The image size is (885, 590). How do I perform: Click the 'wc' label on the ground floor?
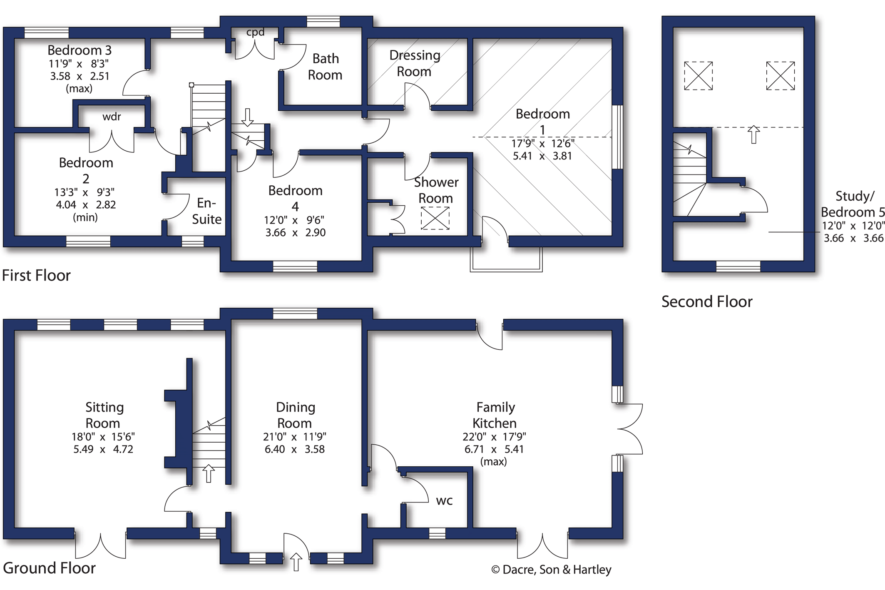(x=444, y=501)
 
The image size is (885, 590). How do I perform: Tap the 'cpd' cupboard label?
(x=255, y=32)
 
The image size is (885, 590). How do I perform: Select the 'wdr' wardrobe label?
(x=112, y=117)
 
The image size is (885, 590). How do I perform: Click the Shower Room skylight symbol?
(x=435, y=218)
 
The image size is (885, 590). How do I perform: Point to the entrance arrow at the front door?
(x=296, y=562)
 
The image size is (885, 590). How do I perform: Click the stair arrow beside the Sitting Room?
(x=209, y=473)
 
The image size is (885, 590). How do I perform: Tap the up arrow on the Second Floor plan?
(x=753, y=134)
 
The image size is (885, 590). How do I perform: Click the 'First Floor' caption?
(x=36, y=275)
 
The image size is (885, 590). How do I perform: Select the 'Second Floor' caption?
(x=707, y=301)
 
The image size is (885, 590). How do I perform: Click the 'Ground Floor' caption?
(x=49, y=568)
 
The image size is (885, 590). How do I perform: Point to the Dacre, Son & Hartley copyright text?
(x=551, y=570)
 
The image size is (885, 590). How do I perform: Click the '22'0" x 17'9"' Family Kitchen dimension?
(x=494, y=437)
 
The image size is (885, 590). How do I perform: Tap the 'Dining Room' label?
(x=295, y=415)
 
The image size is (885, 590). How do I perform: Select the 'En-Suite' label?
(x=206, y=211)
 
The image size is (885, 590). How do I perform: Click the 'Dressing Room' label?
(x=415, y=63)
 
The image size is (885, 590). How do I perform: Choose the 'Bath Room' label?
(x=325, y=67)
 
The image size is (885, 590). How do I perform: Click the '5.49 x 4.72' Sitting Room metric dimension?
(x=103, y=449)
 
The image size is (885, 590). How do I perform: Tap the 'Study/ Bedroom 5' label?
(x=853, y=204)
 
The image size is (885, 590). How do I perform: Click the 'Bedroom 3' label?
(x=80, y=50)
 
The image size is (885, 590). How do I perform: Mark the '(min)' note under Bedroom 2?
(x=85, y=217)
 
